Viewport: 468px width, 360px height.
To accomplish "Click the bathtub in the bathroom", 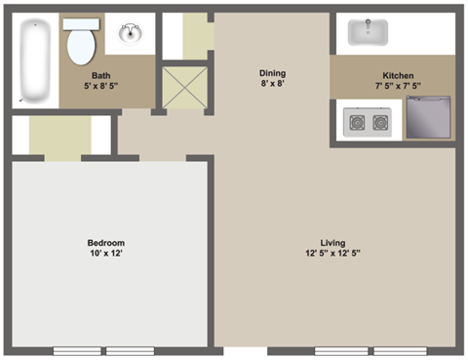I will [35, 61].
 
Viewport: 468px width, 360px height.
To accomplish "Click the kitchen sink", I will [370, 31].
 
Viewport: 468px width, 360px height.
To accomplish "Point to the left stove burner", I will [356, 123].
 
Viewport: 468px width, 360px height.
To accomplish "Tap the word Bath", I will [101, 76].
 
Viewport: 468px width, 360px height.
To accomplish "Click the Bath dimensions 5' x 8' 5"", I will [101, 87].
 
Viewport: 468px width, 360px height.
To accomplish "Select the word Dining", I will [272, 73].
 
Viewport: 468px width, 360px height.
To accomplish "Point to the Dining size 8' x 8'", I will [272, 85].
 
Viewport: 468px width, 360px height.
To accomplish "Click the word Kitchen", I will [398, 75].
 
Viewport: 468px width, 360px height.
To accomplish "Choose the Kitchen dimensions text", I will [398, 86].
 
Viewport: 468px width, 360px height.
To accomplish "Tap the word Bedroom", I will [106, 242].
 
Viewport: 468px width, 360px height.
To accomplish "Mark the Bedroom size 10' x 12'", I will [106, 254].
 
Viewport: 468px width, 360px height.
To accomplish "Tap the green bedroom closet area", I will [60, 137].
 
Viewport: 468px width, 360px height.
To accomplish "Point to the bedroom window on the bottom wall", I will [103, 350].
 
